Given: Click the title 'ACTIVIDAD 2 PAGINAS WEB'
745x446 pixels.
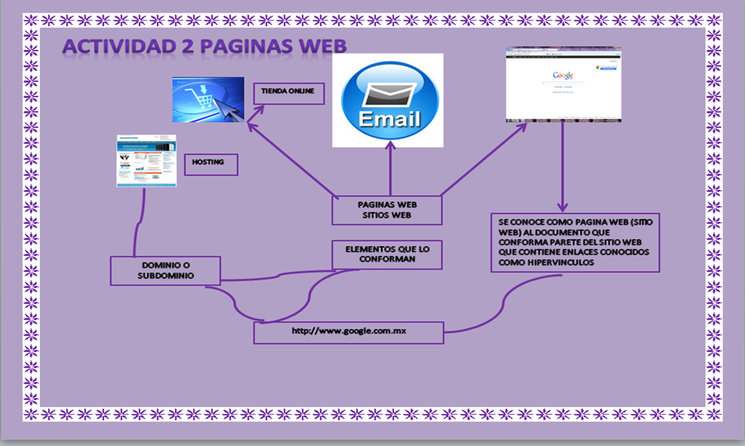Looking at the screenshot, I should coord(204,46).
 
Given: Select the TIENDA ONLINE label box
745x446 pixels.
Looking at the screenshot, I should coord(289,93).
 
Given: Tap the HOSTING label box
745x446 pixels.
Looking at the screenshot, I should coord(211,164).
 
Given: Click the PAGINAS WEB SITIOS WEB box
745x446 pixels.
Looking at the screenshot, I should coord(387,210).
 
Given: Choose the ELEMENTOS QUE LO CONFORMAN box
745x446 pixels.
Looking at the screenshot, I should coord(387,255).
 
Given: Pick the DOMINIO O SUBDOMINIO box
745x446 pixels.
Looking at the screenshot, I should coord(165,271).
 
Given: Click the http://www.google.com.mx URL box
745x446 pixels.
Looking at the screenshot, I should coord(349,332).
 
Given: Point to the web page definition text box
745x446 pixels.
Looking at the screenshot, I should coord(575,242).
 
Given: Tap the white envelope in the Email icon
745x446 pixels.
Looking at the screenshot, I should coord(389,95).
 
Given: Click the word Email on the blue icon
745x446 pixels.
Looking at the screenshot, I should coord(389,120).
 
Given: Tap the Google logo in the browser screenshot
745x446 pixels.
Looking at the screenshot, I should coord(563,75).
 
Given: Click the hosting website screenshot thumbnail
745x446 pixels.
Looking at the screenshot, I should coord(147,160).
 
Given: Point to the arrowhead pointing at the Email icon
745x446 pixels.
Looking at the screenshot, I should coord(390,146).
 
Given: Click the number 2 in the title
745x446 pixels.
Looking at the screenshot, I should coord(187,46).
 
